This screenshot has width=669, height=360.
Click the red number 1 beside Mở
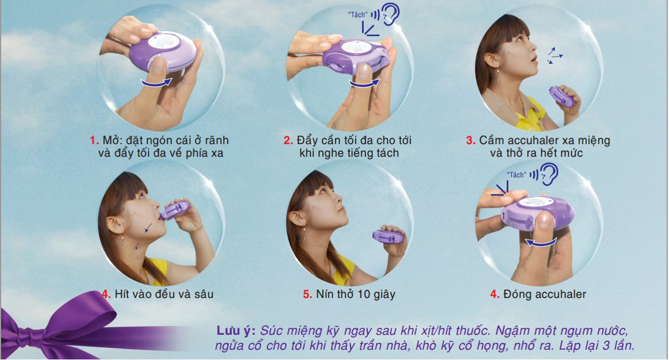click(x=94, y=140)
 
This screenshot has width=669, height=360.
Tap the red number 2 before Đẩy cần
click(x=289, y=140)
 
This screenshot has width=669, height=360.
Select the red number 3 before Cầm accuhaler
click(x=471, y=140)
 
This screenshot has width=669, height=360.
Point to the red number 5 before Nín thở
click(x=307, y=294)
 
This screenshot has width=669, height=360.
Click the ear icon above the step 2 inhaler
click(x=390, y=15)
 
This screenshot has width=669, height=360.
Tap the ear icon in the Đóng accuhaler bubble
click(x=549, y=174)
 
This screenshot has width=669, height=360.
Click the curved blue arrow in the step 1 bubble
click(x=156, y=83)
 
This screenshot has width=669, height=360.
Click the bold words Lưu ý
click(x=236, y=331)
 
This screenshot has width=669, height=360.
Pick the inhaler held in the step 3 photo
click(x=561, y=97)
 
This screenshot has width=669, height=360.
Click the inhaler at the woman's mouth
click(x=175, y=209)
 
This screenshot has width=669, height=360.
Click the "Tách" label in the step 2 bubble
click(x=357, y=15)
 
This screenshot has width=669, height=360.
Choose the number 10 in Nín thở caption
click(x=364, y=294)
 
